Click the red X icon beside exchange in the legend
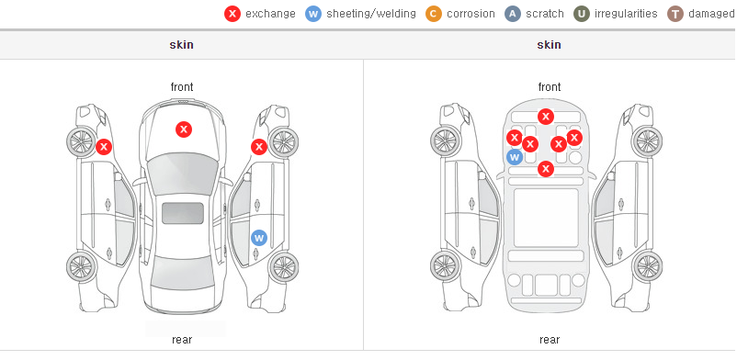[232, 14]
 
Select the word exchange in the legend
[270, 14]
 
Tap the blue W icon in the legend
[313, 14]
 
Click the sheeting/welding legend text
[371, 14]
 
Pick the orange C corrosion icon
[434, 14]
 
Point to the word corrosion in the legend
[471, 14]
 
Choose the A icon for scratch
[513, 14]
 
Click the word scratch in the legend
[545, 14]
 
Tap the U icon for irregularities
[582, 14]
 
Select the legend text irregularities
[626, 14]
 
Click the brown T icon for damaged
[675, 14]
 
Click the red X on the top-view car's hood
[184, 129]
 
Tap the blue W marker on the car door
[259, 238]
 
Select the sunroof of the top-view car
[183, 213]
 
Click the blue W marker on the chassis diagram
[515, 157]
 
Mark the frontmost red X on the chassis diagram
[545, 117]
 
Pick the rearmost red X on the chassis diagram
[545, 168]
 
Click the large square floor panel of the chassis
[546, 218]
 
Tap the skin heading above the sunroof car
[181, 45]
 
